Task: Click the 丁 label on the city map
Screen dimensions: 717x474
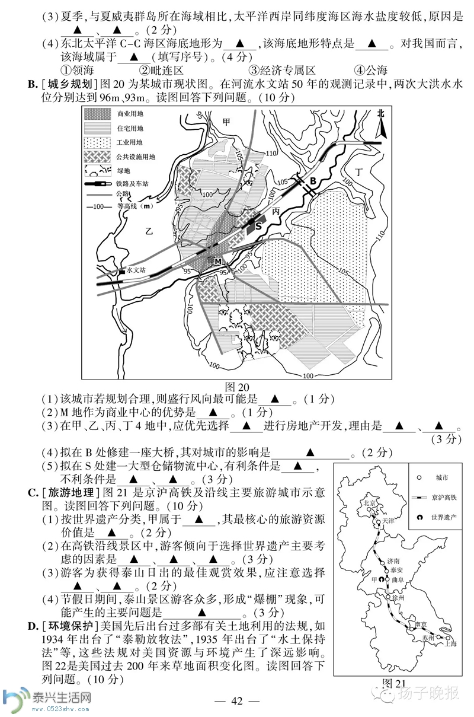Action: tap(357, 171)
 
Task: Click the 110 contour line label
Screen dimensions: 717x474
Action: tap(271, 154)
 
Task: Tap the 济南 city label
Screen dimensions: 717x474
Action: tap(394, 560)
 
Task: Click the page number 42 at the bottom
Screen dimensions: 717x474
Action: tap(237, 701)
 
